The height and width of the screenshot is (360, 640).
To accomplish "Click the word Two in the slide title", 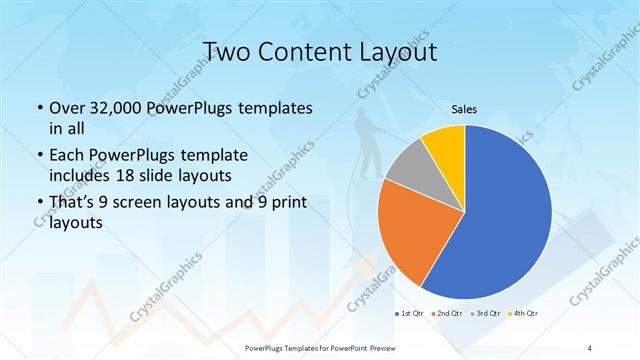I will click(x=224, y=51).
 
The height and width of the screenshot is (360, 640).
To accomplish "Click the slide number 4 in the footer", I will click(x=590, y=347).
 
